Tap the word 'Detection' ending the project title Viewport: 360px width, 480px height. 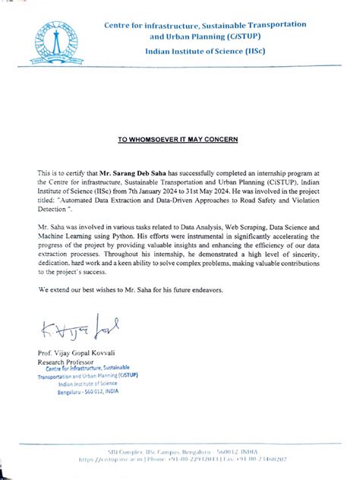click(54, 213)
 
